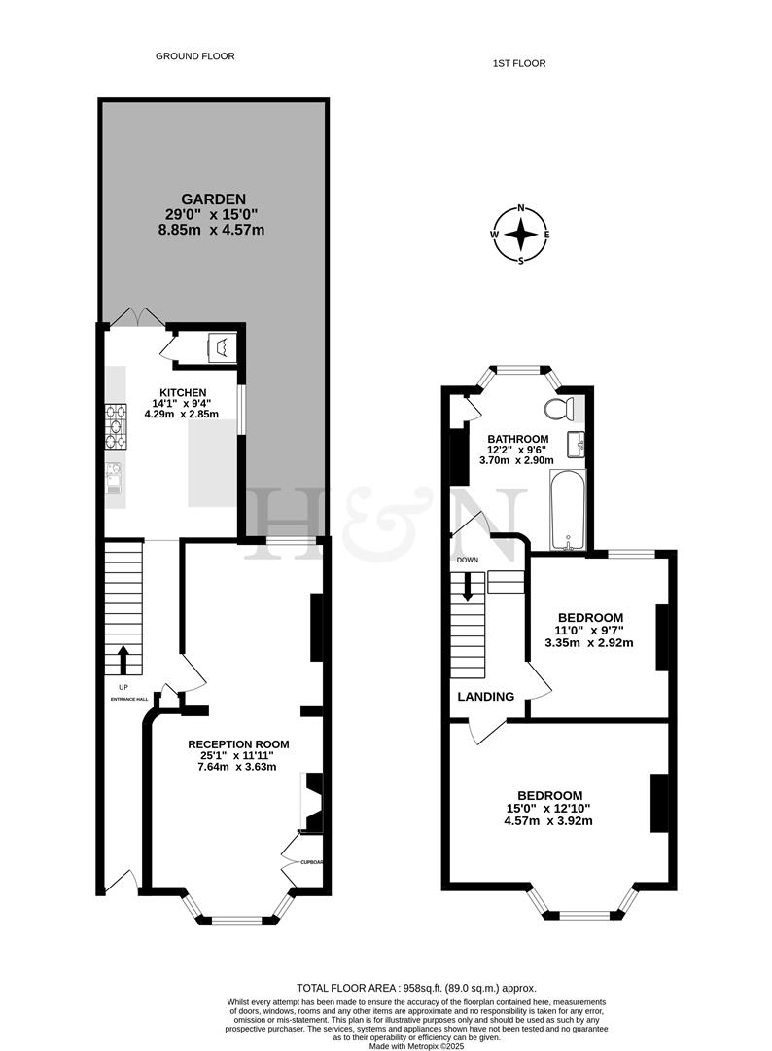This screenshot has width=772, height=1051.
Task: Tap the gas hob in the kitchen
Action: [x=117, y=426]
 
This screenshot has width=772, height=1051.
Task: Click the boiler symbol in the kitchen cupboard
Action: [x=221, y=345]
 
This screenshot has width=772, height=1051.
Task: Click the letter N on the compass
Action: [x=522, y=208]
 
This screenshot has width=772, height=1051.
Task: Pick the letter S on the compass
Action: [x=522, y=260]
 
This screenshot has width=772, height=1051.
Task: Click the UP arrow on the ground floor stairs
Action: [x=123, y=661]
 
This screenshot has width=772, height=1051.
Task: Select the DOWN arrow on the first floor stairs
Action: [x=469, y=587]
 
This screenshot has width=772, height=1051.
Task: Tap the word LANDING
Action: [x=486, y=697]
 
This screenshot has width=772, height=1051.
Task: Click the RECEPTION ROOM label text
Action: [x=238, y=743]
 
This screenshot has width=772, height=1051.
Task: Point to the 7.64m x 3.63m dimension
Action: [x=238, y=766]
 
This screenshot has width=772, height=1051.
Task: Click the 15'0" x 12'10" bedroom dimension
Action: [x=549, y=808]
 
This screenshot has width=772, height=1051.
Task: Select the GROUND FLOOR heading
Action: [x=195, y=56]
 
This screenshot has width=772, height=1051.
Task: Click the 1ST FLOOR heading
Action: [x=518, y=63]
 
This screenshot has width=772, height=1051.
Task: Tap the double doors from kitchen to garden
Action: [x=137, y=317]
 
